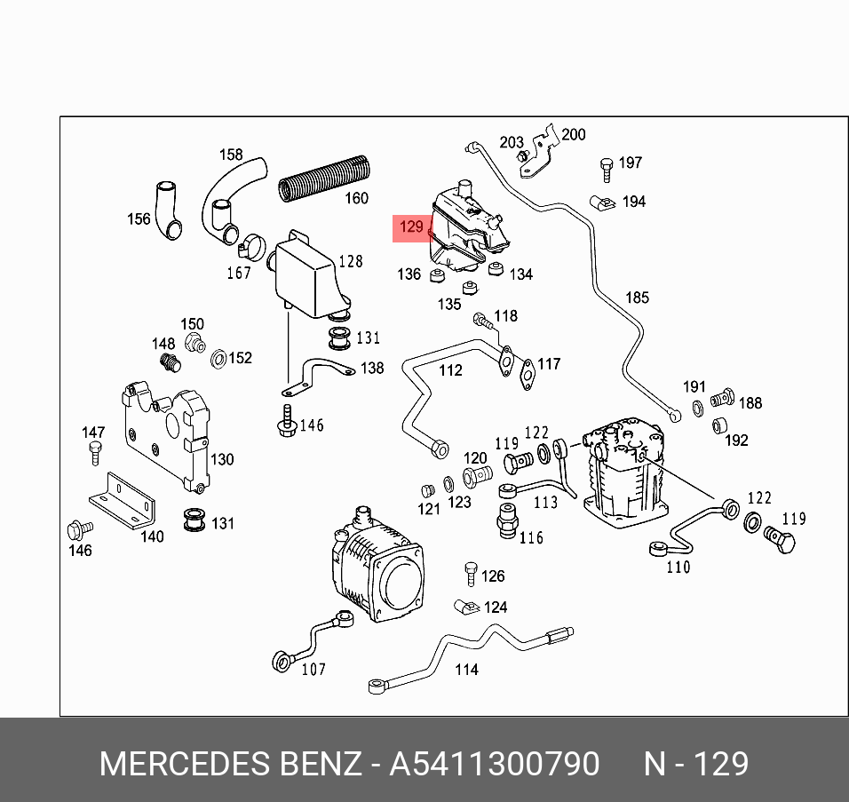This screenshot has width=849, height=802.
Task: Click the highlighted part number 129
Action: point(410,227)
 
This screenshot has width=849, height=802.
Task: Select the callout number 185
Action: point(638,298)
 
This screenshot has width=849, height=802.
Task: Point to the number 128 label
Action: point(351,261)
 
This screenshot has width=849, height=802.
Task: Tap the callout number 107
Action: point(313,669)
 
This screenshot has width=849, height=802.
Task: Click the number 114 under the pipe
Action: point(466,669)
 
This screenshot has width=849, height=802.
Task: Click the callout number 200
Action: point(574,134)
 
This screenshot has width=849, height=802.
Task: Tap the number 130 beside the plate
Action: point(222,459)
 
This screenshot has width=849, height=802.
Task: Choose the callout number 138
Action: point(372,367)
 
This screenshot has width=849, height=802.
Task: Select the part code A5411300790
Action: point(495,764)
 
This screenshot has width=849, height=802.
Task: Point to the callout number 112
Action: point(451,369)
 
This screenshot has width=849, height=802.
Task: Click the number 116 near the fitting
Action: point(531,537)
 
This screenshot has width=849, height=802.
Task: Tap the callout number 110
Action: point(678,567)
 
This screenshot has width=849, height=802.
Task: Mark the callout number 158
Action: point(231,155)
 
